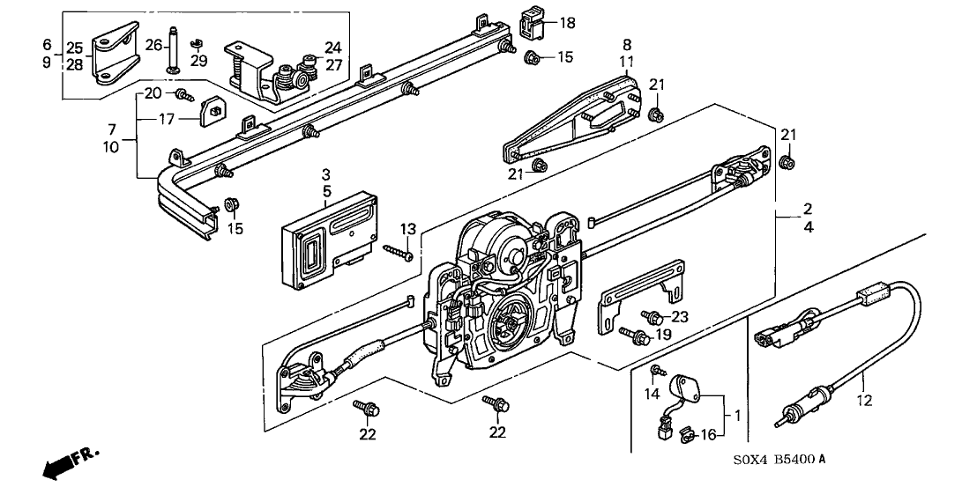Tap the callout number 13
tap(407, 230)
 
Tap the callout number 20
tap(153, 93)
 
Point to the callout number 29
tap(199, 60)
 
